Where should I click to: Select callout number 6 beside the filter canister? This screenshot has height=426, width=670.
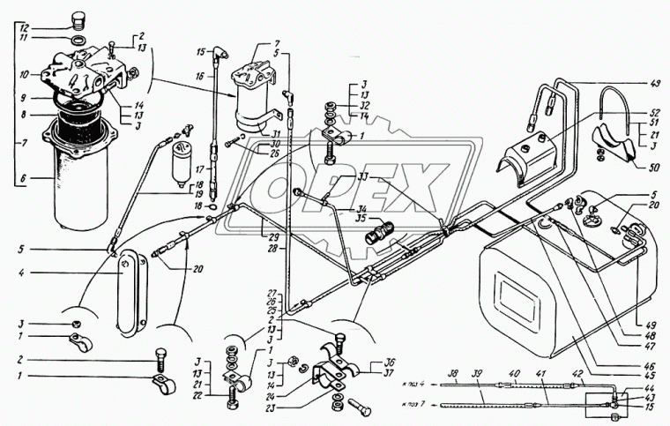23,177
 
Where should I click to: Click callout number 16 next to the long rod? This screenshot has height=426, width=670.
201,78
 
